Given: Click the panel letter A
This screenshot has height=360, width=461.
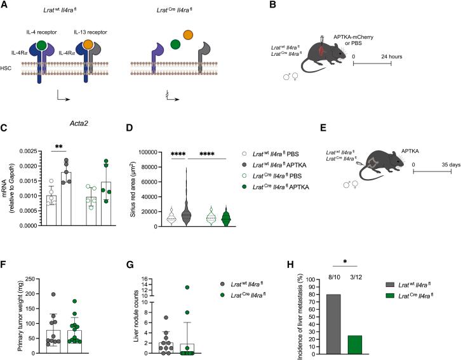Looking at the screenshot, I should (4, 6).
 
